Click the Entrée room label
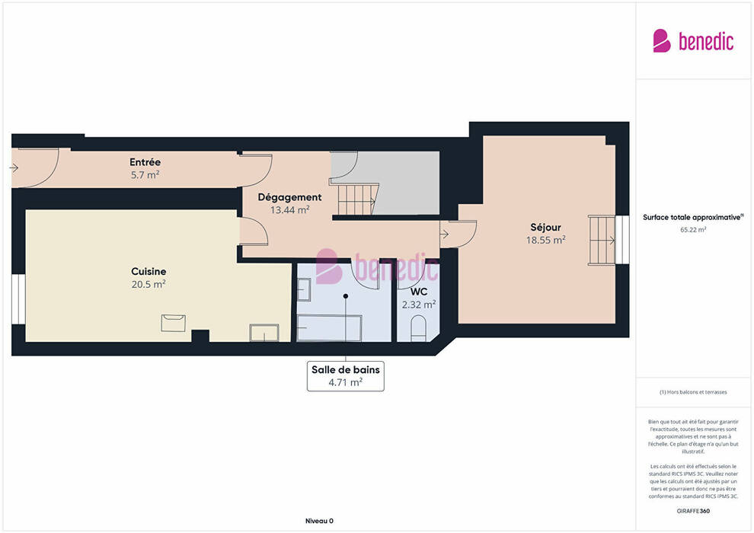click(145, 162)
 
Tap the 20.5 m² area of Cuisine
click(149, 284)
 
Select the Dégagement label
click(289, 197)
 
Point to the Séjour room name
click(546, 228)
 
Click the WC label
click(419, 292)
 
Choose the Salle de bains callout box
click(345, 376)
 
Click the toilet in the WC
click(418, 328)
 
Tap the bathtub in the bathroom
click(329, 327)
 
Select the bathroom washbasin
click(304, 289)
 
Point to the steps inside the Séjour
click(602, 240)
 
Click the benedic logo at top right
click(693, 41)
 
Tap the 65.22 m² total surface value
click(693, 230)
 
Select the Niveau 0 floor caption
click(319, 521)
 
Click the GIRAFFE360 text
click(693, 511)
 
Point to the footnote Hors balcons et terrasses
click(693, 392)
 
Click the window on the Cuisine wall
click(18, 299)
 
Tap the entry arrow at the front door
click(14, 168)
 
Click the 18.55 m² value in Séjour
click(546, 240)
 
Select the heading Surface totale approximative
click(693, 217)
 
